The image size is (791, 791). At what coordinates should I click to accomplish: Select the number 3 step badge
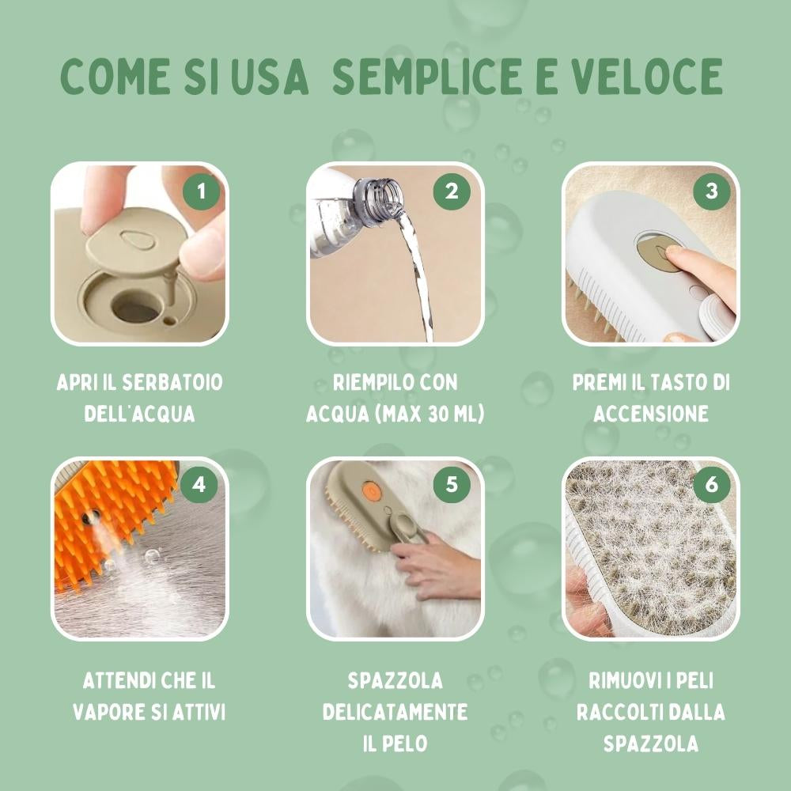pos(710,192)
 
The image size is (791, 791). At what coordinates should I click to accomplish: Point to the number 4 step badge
pos(199,485)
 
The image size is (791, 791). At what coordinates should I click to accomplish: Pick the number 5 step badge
pos(452,485)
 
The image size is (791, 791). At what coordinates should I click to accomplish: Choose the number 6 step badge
pos(710,485)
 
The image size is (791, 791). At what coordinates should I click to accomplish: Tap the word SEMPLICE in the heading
pos(418,77)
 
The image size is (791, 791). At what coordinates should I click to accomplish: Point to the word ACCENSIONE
pos(650,414)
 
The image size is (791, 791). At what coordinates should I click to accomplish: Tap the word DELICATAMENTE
pos(395,711)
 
